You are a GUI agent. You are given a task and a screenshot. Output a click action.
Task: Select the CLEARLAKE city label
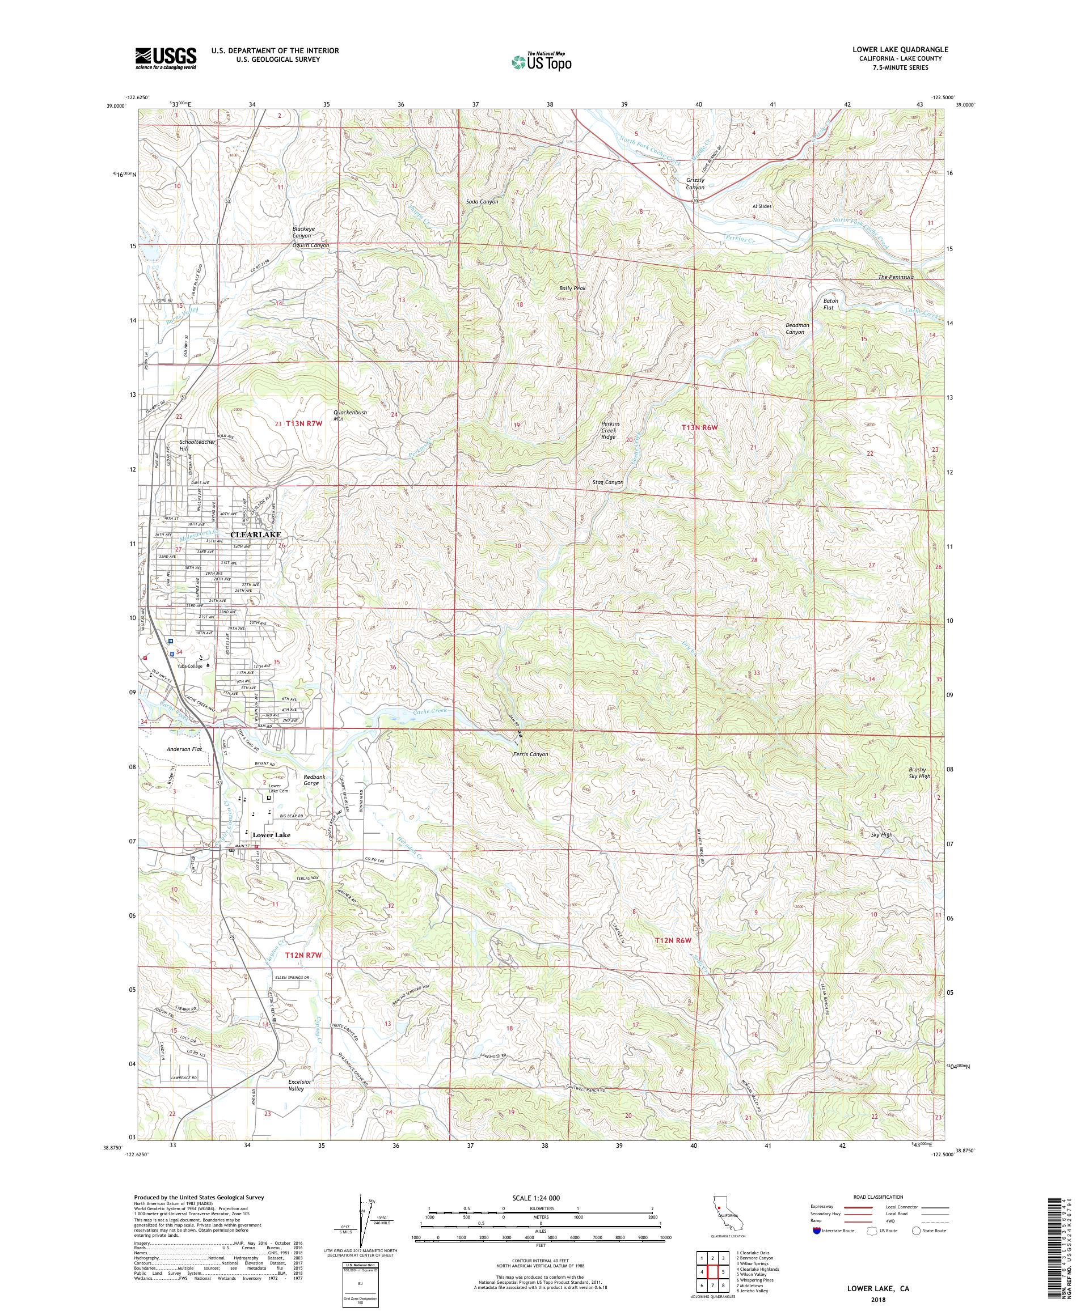coord(256,534)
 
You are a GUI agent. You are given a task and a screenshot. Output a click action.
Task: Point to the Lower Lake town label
coord(271,835)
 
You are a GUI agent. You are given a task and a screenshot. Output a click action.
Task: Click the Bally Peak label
coord(572,288)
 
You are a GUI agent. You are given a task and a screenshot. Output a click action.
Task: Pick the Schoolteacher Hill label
coord(197,445)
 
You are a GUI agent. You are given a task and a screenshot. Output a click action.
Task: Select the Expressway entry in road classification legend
coord(825,1207)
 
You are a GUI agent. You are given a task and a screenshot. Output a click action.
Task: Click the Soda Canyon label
coord(482,202)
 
